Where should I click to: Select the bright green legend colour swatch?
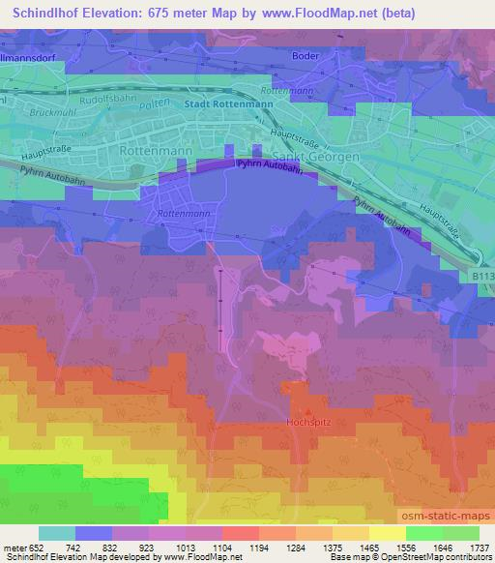(423, 533)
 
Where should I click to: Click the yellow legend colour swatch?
(387, 533)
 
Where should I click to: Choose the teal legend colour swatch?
(57, 533)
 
